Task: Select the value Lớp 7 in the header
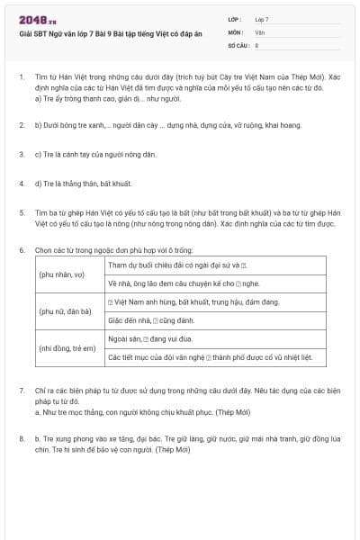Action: [262, 19]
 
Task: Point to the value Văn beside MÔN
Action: [260, 31]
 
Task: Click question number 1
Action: [21, 78]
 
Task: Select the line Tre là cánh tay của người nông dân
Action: [95, 155]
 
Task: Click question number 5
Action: [21, 212]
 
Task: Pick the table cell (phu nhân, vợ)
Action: [61, 272]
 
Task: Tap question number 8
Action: [21, 437]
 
